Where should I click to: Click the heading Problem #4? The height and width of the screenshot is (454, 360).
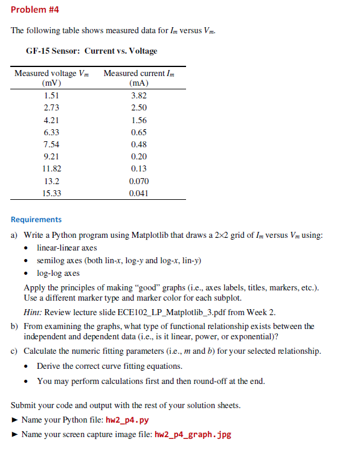click(34, 10)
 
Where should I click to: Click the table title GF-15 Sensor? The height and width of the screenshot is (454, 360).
click(91, 51)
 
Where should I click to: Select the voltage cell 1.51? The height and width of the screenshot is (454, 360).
click(51, 95)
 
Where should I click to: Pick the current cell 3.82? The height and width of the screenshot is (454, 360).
click(139, 95)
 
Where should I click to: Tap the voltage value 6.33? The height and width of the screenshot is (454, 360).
click(51, 132)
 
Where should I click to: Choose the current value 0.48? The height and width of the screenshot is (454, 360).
click(139, 144)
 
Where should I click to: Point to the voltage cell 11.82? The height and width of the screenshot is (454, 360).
click(51, 169)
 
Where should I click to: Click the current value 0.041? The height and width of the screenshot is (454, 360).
click(139, 194)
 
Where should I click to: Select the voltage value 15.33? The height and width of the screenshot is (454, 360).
click(51, 194)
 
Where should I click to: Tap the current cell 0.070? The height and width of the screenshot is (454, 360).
click(139, 181)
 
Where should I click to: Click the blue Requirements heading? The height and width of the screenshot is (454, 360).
click(36, 220)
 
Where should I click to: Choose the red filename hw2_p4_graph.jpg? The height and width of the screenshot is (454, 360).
click(193, 434)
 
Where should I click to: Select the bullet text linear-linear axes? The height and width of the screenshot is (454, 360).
click(66, 248)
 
